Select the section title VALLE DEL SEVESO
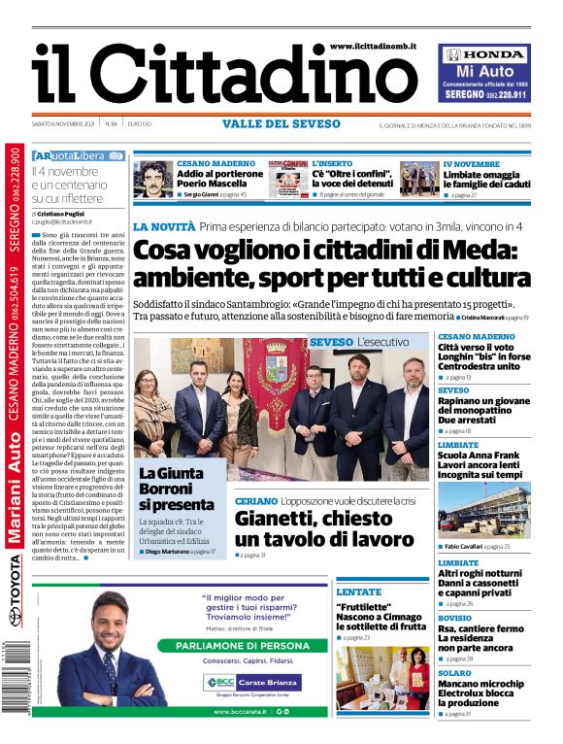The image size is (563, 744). point(281,123)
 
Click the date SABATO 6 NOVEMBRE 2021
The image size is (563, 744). point(64,124)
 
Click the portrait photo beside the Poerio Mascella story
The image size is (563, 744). point(152,180)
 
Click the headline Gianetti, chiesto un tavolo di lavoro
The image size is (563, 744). point(324,528)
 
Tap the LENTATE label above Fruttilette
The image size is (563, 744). point(358,592)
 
